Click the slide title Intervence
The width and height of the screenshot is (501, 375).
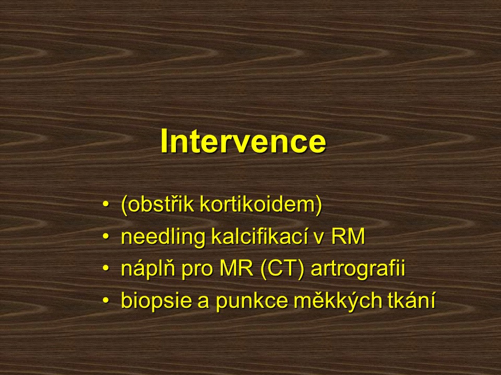pyautogui.click(x=243, y=141)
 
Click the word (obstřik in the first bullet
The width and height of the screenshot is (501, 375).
pyautogui.click(x=158, y=204)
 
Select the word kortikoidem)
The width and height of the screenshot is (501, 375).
pyautogui.click(x=261, y=204)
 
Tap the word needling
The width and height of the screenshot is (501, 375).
pyautogui.click(x=163, y=238)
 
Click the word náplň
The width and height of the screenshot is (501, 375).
pyautogui.click(x=148, y=268)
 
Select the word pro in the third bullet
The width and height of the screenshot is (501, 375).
pyautogui.click(x=197, y=270)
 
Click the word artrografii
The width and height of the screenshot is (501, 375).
pyautogui.click(x=358, y=269)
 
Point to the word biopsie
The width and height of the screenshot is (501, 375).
pyautogui.click(x=157, y=301)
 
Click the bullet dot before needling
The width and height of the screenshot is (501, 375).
pyautogui.click(x=106, y=236)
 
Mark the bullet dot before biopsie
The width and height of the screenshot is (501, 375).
pyautogui.click(x=106, y=301)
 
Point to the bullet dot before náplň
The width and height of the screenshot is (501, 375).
pyautogui.click(x=106, y=269)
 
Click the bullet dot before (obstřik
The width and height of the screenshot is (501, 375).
pyautogui.click(x=106, y=204)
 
